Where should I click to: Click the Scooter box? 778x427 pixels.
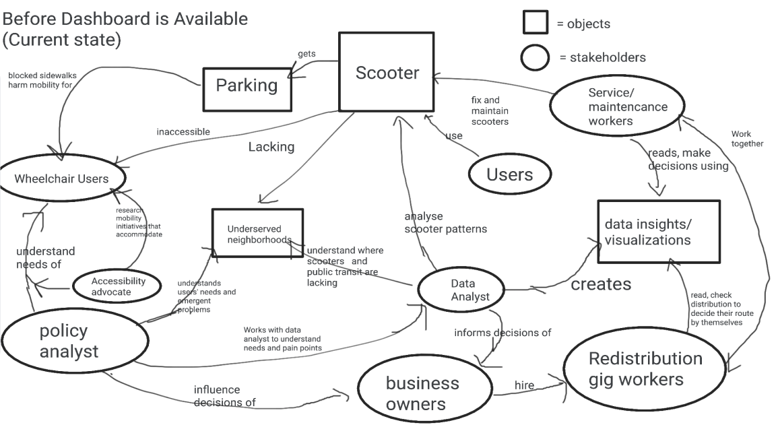386,72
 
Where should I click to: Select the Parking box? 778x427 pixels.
247,86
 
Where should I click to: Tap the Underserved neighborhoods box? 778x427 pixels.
257,233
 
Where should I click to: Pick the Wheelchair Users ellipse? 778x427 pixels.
61,179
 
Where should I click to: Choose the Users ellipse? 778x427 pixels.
509,174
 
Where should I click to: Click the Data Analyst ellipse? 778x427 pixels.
461,290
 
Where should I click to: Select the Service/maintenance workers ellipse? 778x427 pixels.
618,106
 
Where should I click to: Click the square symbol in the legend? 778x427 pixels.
535,22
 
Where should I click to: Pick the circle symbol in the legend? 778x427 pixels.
535,57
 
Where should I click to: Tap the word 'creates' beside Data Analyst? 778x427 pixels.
601,284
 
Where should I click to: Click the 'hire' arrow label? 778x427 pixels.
524,386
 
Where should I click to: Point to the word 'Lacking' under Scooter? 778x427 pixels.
271,147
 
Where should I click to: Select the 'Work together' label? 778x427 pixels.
746,139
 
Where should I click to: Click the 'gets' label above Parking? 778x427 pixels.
306,54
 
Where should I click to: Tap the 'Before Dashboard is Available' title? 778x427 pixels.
125,18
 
